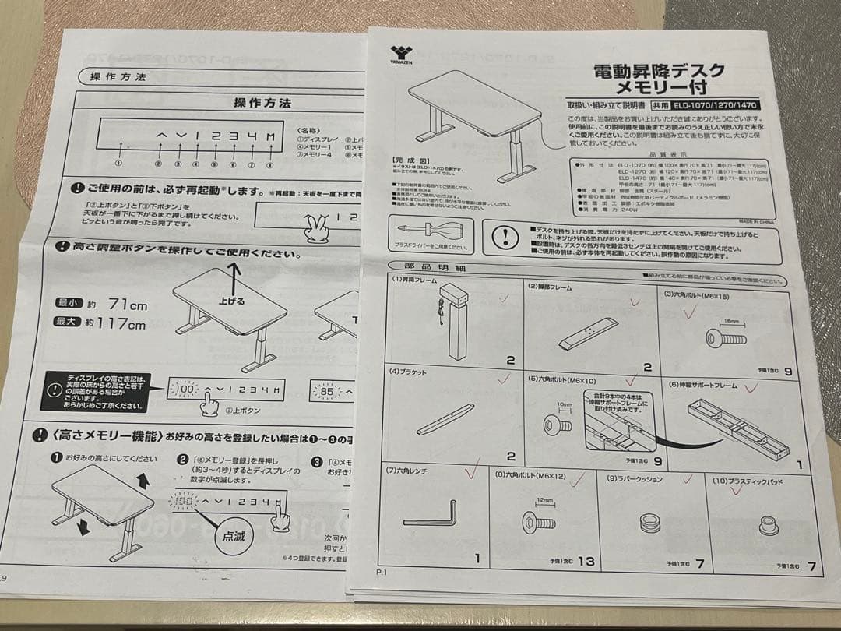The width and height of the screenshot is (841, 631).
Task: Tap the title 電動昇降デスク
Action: point(659,71)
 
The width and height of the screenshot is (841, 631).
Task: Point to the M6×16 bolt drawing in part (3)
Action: point(724,337)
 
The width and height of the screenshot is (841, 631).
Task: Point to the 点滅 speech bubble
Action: point(234,537)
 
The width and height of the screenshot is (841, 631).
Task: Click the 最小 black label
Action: point(66,304)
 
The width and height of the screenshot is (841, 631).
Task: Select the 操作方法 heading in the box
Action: point(262,103)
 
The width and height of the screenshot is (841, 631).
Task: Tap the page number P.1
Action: point(382,573)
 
